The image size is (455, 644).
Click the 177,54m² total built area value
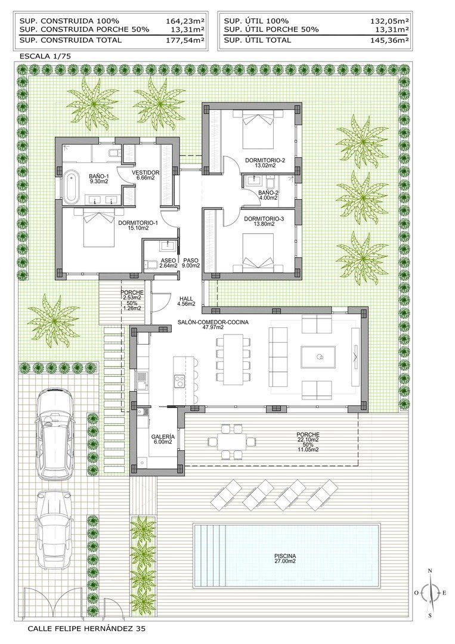click(x=185, y=40)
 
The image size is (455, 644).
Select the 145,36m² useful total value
click(x=389, y=40)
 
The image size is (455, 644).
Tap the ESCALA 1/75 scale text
click(x=45, y=56)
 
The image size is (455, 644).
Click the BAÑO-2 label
click(x=269, y=193)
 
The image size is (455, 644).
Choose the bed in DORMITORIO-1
click(x=98, y=230)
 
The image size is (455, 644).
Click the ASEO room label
click(x=168, y=261)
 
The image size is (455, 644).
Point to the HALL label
click(x=186, y=299)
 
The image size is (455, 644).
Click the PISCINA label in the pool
click(x=286, y=557)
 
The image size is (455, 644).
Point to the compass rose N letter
click(x=430, y=571)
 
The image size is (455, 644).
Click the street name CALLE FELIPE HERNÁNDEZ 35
click(x=86, y=628)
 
